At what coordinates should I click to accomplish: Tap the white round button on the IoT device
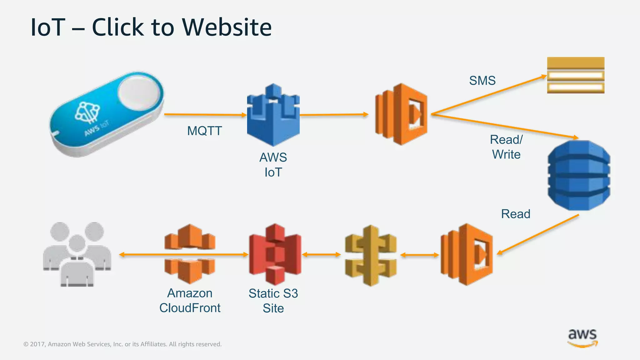tap(138, 93)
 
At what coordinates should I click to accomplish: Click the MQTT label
tap(204, 131)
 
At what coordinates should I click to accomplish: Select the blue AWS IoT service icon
tap(273, 115)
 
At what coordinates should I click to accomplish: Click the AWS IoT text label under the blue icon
tap(273, 165)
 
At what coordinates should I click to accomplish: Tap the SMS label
tap(482, 81)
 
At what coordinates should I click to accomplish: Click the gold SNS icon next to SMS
tap(576, 75)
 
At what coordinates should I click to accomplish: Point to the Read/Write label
tap(506, 147)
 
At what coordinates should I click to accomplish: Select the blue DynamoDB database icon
tap(579, 175)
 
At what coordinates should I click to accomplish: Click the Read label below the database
tap(516, 214)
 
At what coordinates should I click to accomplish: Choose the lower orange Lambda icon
tap(467, 254)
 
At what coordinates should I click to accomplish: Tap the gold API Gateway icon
tap(371, 255)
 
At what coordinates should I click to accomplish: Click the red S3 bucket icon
tap(275, 254)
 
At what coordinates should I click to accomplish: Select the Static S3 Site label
tap(273, 301)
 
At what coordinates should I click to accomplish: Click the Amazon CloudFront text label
tap(190, 300)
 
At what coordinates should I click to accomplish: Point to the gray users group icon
tap(77, 254)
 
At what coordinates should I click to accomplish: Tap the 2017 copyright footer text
tap(122, 344)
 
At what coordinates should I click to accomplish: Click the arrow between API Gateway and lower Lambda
tap(419, 255)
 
